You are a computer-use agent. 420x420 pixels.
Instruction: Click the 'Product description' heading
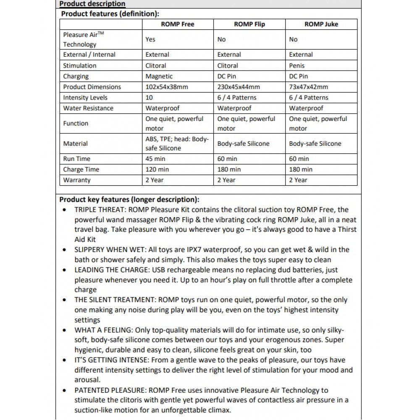click(x=92, y=4)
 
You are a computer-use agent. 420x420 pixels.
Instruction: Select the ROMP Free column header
click(x=178, y=24)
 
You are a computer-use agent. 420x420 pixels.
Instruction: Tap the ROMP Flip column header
click(x=249, y=24)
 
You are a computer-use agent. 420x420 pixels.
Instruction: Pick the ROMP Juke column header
click(x=321, y=24)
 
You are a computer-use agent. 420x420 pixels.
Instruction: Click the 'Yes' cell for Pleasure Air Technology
click(x=150, y=39)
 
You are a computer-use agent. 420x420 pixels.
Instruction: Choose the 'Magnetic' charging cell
click(x=159, y=76)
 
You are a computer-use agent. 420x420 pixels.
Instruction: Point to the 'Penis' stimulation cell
click(x=297, y=66)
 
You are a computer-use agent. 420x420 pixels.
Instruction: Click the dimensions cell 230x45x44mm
click(x=239, y=87)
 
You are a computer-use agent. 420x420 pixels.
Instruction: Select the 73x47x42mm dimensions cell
click(x=309, y=87)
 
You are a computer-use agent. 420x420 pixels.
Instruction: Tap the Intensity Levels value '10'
click(x=149, y=97)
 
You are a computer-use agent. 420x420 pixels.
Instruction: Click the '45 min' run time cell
click(x=155, y=159)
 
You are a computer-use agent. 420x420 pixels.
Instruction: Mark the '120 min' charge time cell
click(x=157, y=169)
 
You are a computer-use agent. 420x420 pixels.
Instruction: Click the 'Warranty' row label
click(x=77, y=180)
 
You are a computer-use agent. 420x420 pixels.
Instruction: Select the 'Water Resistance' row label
click(x=88, y=108)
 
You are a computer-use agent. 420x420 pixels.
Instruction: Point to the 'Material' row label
click(x=76, y=144)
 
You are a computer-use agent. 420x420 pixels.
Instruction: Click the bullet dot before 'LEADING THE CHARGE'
click(x=64, y=270)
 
